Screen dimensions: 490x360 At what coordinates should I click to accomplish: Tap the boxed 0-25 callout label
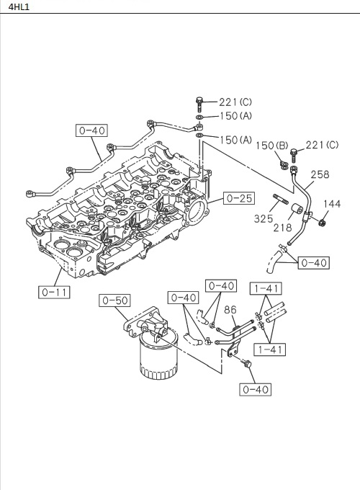coord(237,197)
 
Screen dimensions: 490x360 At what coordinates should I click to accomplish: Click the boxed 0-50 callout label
coord(114,300)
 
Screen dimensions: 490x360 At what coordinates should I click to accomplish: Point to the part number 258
coord(320,174)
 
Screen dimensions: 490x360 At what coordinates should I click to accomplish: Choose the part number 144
coord(332,204)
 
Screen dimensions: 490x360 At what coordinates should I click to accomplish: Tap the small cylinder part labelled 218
coord(295,213)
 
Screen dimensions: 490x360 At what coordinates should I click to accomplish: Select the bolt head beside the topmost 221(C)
coord(199,102)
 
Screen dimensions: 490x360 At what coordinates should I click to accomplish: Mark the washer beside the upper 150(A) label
coord(199,117)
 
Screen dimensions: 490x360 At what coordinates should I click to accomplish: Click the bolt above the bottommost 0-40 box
coord(248,366)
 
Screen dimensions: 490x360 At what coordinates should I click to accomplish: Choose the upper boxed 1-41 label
coord(264,288)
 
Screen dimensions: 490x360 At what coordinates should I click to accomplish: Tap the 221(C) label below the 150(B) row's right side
coord(322,146)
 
